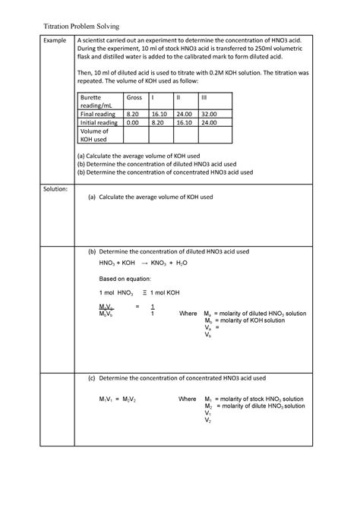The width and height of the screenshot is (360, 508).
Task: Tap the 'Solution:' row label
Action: [x=57, y=188]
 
